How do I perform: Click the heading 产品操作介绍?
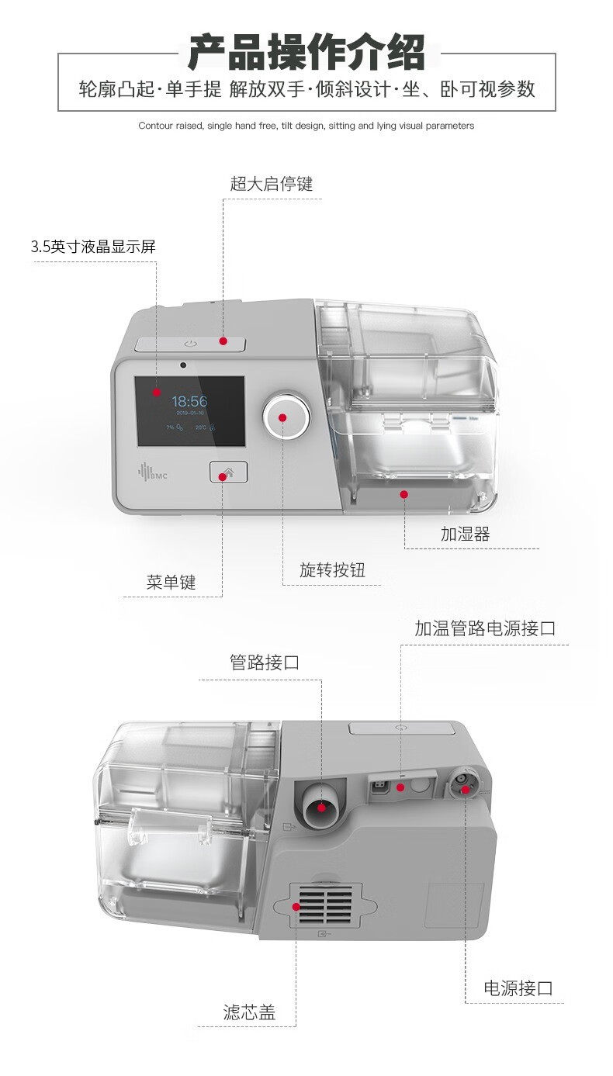pos(306,53)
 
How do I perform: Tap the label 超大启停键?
pos(271,184)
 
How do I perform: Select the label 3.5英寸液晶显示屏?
pos(93,247)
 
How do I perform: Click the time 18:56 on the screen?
pos(189,401)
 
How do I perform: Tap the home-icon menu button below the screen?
pos(227,472)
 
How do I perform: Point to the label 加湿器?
pos(465,534)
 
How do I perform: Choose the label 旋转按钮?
pos(332,570)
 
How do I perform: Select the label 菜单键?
pos(171,582)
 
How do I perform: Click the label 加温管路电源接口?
pos(485,628)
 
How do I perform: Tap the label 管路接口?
pos(265,663)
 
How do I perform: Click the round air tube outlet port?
pos(320,808)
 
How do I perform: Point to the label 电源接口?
pos(518,988)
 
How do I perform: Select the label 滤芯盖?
pos(249,1012)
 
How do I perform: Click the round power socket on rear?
pos(465,787)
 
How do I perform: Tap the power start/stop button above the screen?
pos(190,344)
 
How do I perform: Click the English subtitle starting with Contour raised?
pos(306,125)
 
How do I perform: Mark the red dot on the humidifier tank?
pos(403,493)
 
